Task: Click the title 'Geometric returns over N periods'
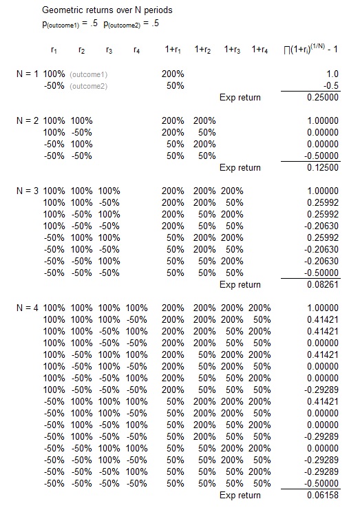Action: tap(112, 12)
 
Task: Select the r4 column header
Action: tap(136, 50)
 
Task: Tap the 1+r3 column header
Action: tap(232, 50)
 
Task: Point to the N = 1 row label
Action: tap(28, 74)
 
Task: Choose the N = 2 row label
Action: tap(28, 120)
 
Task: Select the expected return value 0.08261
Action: tap(323, 285)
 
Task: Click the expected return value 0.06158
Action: tap(323, 496)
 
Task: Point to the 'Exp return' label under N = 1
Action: tap(240, 98)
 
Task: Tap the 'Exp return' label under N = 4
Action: tap(240, 496)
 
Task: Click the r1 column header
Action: tap(54, 50)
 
